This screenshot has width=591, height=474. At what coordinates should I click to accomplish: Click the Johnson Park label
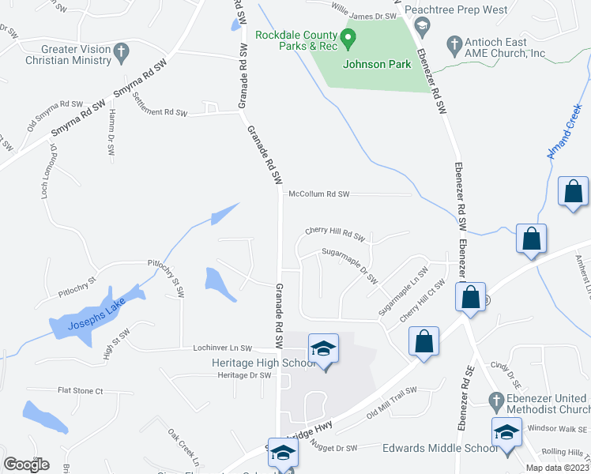[376, 64]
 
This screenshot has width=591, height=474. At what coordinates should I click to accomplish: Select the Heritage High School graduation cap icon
[323, 348]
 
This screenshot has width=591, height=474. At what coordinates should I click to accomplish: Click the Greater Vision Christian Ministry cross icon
[121, 52]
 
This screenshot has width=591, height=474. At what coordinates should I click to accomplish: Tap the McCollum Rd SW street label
[318, 194]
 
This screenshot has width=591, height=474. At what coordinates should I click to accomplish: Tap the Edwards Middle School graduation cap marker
[506, 432]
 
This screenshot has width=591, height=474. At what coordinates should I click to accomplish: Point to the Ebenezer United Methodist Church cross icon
[495, 399]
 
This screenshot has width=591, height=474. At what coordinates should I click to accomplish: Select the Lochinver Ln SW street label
[222, 348]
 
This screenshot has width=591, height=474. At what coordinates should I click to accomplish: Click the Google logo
[26, 465]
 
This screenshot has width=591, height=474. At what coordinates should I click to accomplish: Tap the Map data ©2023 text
[556, 468]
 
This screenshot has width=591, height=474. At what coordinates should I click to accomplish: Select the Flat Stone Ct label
[81, 390]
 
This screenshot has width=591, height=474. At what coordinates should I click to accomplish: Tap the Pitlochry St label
[77, 285]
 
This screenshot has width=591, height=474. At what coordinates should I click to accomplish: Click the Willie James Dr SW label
[363, 14]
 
